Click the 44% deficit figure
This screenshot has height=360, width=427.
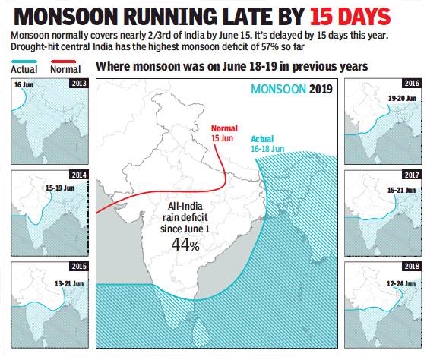pyautogui.click(x=185, y=245)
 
